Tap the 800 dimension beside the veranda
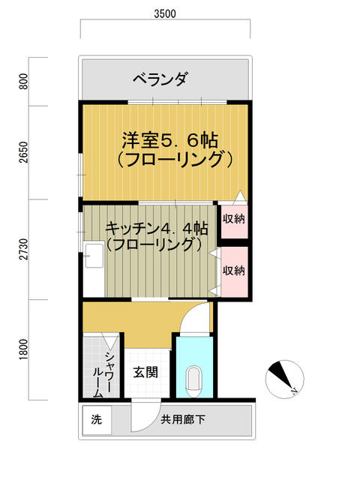(x=23, y=81)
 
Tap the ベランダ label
(x=160, y=78)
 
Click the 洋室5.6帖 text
(x=170, y=139)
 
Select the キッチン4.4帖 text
(x=156, y=227)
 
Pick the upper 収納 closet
(x=233, y=220)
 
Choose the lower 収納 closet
(x=233, y=271)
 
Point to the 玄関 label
(x=145, y=372)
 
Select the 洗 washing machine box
(x=96, y=420)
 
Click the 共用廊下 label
(x=182, y=420)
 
